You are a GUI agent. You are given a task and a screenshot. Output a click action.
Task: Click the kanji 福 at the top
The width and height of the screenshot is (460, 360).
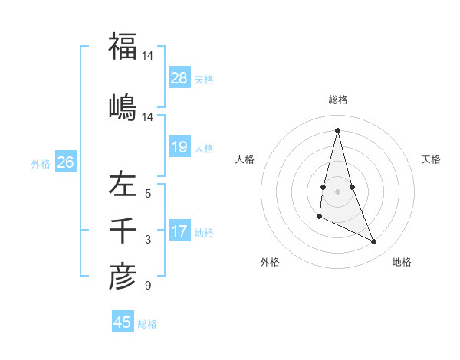tap(123, 46)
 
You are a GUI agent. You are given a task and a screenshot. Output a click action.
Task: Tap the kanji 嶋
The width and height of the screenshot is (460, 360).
tap(123, 105)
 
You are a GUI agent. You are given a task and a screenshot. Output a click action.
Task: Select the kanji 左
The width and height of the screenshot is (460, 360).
tap(123, 185)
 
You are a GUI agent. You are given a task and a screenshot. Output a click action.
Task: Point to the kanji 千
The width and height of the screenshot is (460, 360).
tap(123, 231)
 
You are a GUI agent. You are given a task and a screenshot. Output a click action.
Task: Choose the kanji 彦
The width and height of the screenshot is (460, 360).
tap(123, 277)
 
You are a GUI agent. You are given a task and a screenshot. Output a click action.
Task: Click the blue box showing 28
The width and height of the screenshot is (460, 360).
tap(179, 77)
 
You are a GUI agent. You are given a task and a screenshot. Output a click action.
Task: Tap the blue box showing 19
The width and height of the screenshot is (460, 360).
tap(179, 147)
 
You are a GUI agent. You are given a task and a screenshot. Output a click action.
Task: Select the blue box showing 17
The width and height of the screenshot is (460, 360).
tap(179, 231)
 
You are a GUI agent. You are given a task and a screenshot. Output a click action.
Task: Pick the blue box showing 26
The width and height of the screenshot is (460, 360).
tap(65, 162)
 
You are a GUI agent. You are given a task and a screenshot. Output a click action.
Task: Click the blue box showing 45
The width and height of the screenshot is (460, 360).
tap(123, 322)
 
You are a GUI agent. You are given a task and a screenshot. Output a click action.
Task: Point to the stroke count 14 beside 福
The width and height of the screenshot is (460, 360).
tap(148, 56)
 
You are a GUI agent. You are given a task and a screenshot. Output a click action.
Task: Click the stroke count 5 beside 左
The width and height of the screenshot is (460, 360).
tap(148, 194)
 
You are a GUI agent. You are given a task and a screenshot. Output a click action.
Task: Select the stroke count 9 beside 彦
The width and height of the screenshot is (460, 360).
tap(148, 286)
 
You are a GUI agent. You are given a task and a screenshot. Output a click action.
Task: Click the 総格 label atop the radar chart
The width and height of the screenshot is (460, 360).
tap(338, 100)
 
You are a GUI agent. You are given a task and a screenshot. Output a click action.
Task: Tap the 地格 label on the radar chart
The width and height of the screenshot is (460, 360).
tap(402, 262)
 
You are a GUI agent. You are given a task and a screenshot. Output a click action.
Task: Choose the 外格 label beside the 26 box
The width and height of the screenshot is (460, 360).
tap(41, 163)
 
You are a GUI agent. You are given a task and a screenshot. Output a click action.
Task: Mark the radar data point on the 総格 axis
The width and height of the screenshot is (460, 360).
tap(337, 129)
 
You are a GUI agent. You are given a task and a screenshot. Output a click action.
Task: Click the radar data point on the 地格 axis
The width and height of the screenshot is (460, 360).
tap(374, 242)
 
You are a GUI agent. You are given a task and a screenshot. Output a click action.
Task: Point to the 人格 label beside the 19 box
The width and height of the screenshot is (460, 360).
tap(204, 148)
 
